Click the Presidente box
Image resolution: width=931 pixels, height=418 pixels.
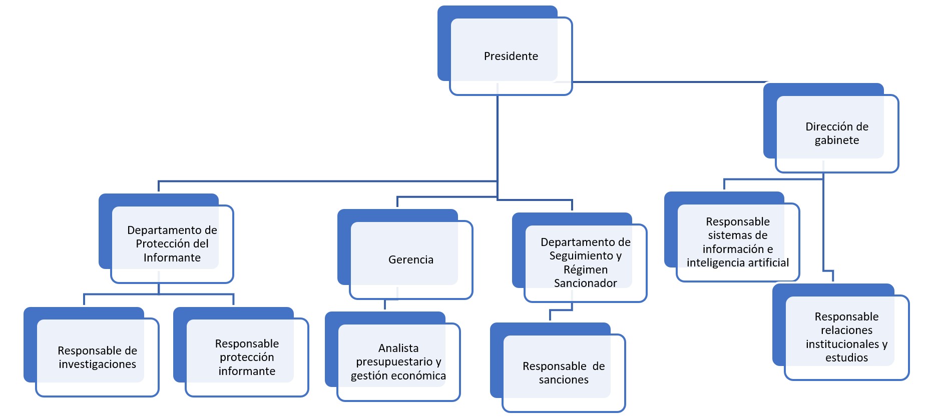pyautogui.click(x=511, y=56)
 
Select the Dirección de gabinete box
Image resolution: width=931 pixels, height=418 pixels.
pyautogui.click(x=836, y=133)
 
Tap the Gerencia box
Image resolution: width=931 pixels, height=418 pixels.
pyautogui.click(x=410, y=259)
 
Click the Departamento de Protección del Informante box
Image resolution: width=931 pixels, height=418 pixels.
pyautogui.click(x=172, y=243)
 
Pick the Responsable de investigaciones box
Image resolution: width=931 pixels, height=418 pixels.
pyautogui.click(x=97, y=357)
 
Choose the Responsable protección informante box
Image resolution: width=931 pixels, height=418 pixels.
pyautogui.click(x=247, y=357)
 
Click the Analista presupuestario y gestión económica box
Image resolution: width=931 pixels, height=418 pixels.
pyautogui.click(x=398, y=361)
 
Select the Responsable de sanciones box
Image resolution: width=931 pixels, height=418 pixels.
pyautogui.click(x=563, y=372)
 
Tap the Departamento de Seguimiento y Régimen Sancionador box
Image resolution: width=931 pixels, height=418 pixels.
pyautogui.click(x=585, y=262)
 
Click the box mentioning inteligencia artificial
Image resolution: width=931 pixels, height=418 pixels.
pyautogui.click(x=737, y=242)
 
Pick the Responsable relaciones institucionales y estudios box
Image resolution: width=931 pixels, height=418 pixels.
pyautogui.click(x=846, y=337)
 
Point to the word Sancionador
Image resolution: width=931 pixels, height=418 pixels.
pyautogui.click(x=585, y=283)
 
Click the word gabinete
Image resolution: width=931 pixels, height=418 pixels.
pyautogui.click(x=836, y=140)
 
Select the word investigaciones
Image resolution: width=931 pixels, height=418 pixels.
pyautogui.click(x=97, y=364)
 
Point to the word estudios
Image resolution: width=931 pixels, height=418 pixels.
pyautogui.click(x=846, y=357)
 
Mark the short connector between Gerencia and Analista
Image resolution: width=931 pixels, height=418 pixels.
pyautogui.click(x=385, y=304)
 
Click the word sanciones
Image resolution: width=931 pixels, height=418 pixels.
pyautogui.click(x=563, y=379)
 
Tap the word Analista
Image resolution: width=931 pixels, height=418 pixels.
pyautogui.click(x=398, y=348)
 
